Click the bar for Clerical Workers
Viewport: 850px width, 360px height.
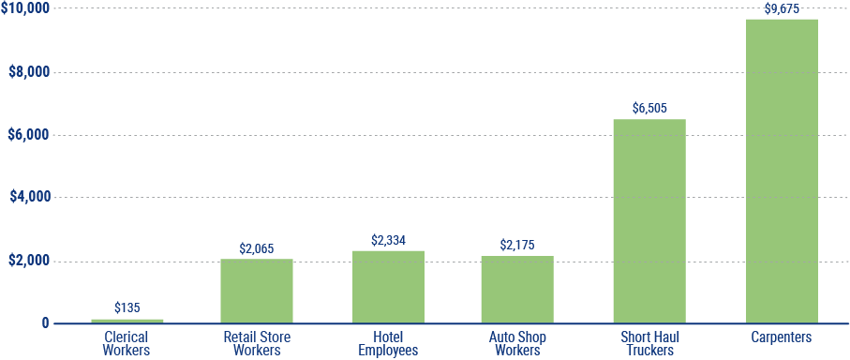(x=127, y=322)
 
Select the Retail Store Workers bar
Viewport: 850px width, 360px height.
(x=257, y=291)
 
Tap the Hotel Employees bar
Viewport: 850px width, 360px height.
(x=388, y=287)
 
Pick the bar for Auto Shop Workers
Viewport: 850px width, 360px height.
(x=517, y=290)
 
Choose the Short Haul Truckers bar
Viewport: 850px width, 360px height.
(x=649, y=221)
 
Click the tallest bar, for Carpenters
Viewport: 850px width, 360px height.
(x=782, y=172)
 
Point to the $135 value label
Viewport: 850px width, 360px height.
(x=127, y=307)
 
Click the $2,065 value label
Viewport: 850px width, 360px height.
(x=257, y=248)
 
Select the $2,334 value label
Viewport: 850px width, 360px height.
(x=388, y=240)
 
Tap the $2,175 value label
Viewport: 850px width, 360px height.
(x=517, y=245)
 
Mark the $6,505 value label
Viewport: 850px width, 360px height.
(x=649, y=109)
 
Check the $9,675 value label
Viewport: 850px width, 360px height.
(x=782, y=8)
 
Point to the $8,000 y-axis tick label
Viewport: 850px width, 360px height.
(x=28, y=72)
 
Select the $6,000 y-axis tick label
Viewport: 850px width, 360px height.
(x=28, y=135)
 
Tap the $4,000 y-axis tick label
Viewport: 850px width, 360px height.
(x=28, y=198)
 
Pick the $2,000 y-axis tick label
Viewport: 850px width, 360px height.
(x=28, y=261)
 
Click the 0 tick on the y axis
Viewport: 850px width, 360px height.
(x=44, y=323)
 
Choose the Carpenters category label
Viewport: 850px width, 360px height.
(x=782, y=337)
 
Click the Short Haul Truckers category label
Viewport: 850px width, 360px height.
(x=649, y=344)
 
